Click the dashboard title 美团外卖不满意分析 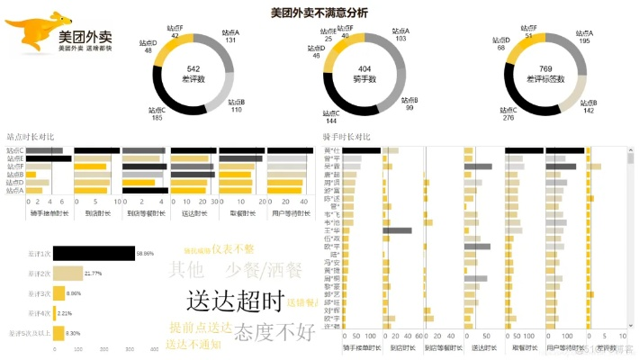click(x=319, y=13)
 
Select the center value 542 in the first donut click(x=193, y=68)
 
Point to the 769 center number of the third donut click(x=545, y=68)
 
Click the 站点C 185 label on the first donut click(x=157, y=113)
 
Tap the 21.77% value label click(x=94, y=274)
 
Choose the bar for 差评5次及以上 click(x=58, y=333)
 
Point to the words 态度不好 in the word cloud click(x=274, y=331)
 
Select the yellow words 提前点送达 click(x=201, y=327)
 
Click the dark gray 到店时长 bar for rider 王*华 click(x=397, y=230)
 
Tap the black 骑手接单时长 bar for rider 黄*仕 click(x=359, y=149)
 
